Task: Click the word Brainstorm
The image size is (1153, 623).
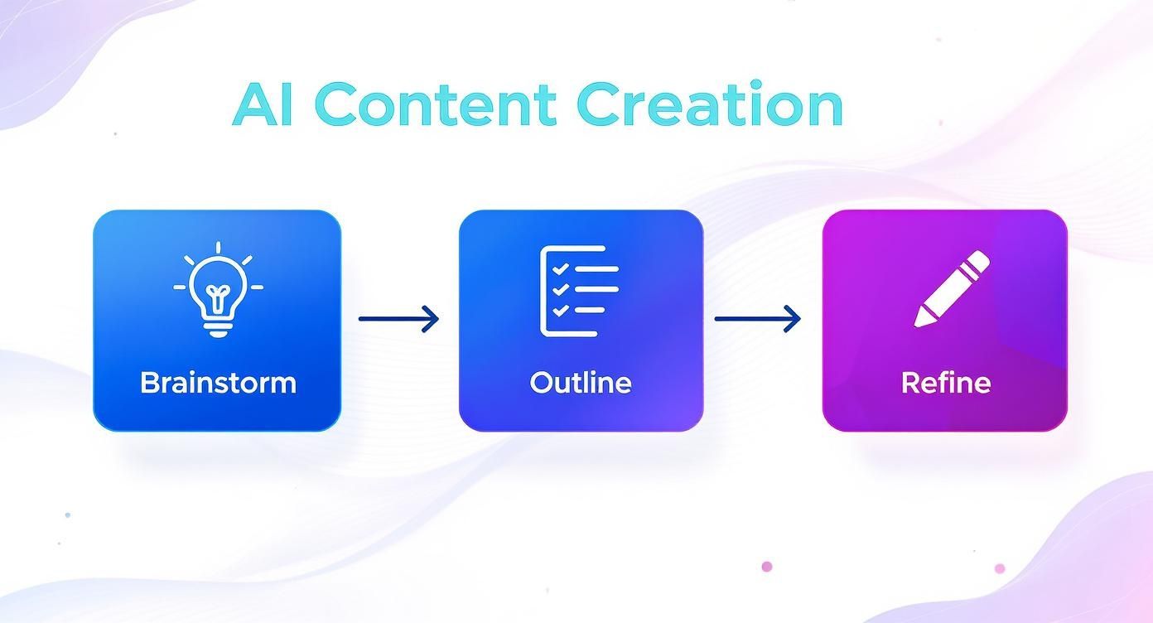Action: point(218,383)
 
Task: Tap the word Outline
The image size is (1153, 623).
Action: point(580,383)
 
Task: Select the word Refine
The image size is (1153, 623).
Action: point(945,383)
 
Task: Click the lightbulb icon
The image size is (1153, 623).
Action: point(218,290)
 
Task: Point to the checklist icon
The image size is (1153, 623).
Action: point(579,291)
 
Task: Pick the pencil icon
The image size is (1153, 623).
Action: point(951,288)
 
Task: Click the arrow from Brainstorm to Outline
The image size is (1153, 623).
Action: point(398,318)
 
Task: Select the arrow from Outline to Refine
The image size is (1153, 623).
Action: point(757,318)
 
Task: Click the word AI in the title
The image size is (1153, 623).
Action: point(263,106)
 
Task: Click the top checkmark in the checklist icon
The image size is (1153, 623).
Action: point(560,269)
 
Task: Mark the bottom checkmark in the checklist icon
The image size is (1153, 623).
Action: point(560,311)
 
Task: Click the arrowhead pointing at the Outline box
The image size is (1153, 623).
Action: point(432,318)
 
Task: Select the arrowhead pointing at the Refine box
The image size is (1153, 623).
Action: point(794,318)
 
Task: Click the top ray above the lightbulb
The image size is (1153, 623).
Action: point(218,249)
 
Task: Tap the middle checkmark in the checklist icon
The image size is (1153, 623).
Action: point(560,290)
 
